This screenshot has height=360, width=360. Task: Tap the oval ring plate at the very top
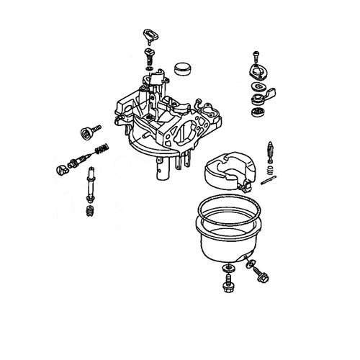pyautogui.click(x=150, y=33)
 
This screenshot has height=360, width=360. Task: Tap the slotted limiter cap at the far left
pyautogui.click(x=61, y=170)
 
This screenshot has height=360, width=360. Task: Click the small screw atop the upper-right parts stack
pyautogui.click(x=255, y=56)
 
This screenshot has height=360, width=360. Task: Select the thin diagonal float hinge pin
pyautogui.click(x=268, y=181)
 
